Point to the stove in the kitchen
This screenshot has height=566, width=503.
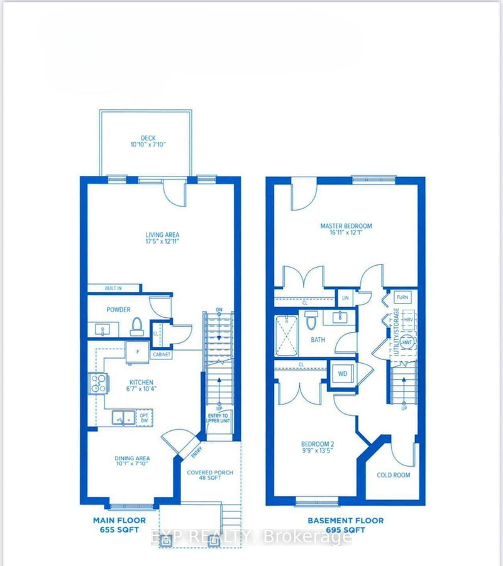pyautogui.click(x=99, y=383)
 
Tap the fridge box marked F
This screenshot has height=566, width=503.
pyautogui.click(x=136, y=351)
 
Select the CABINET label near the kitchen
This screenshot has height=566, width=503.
pyautogui.click(x=162, y=354)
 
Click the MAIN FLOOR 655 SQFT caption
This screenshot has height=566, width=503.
pyautogui.click(x=119, y=525)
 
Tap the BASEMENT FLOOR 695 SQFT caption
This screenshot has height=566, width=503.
pyautogui.click(x=345, y=525)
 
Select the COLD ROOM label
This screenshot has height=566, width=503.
pyautogui.click(x=394, y=475)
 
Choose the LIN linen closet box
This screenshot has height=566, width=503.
pyautogui.click(x=345, y=298)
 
